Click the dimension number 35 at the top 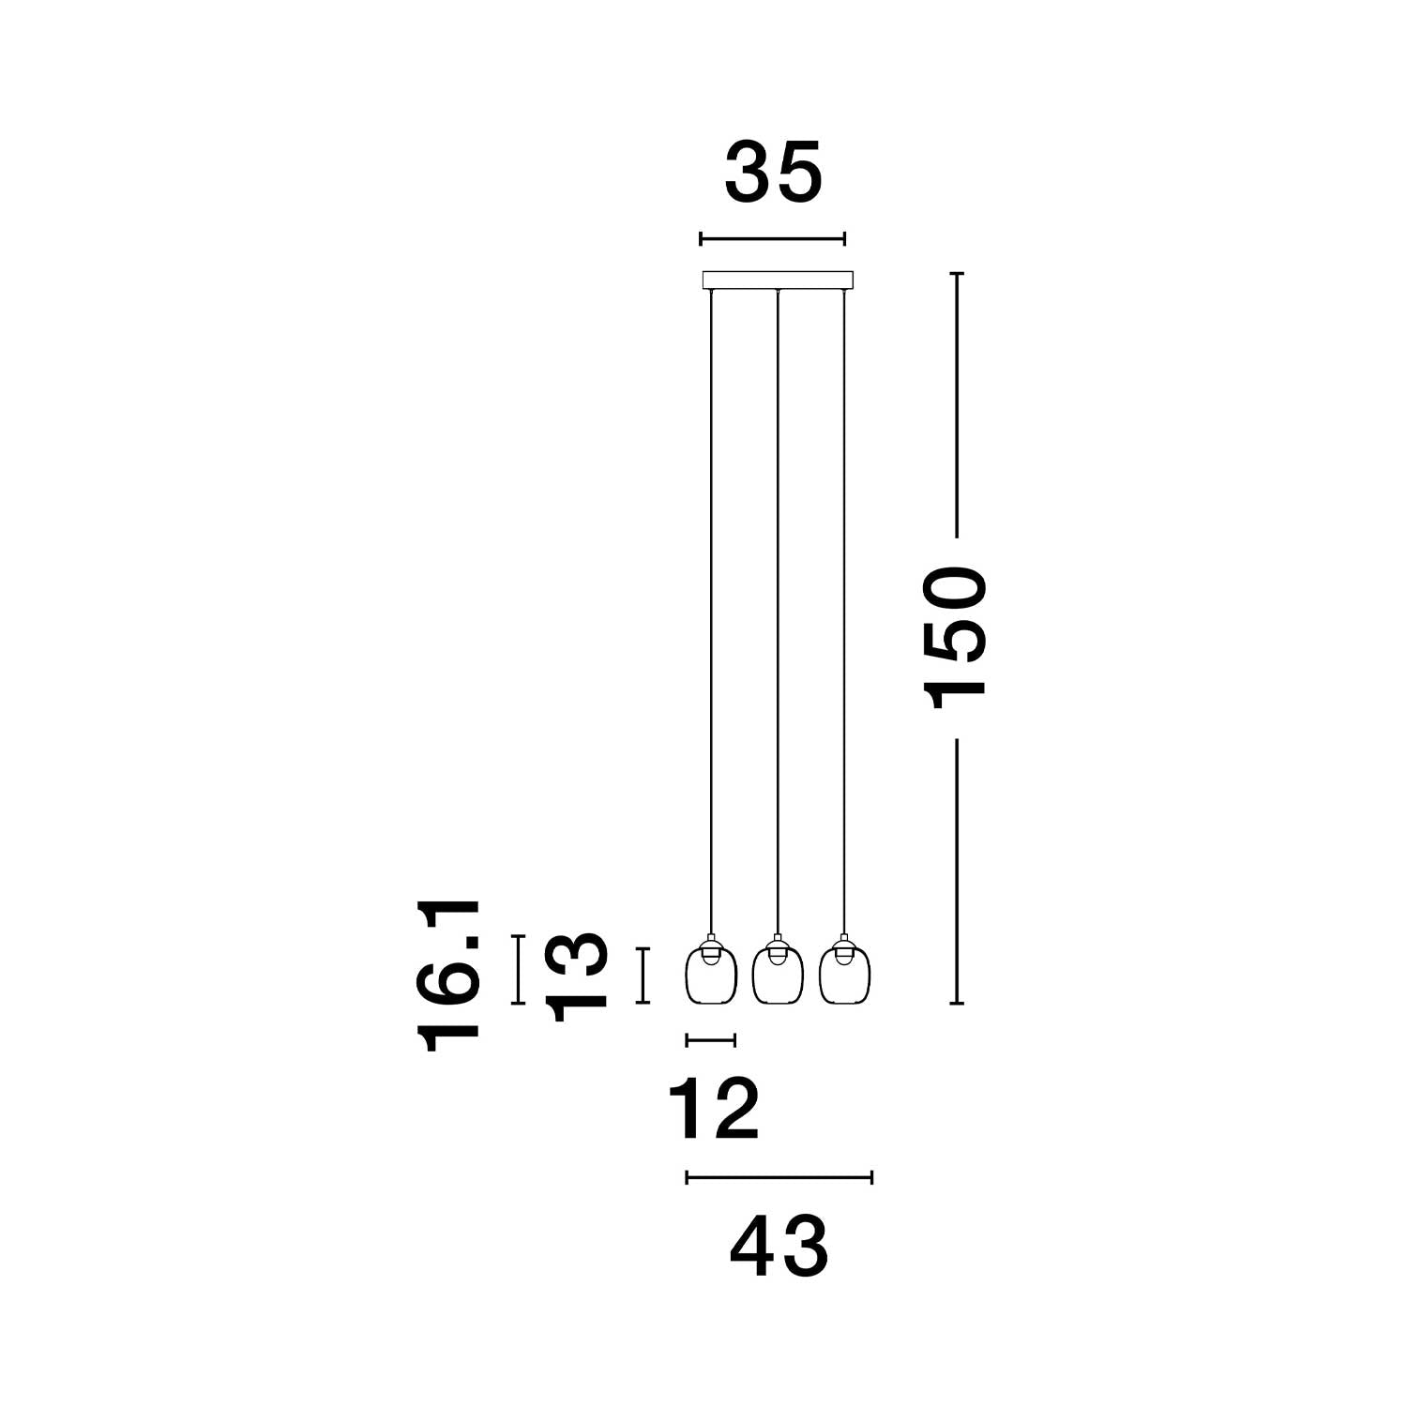pyautogui.click(x=774, y=173)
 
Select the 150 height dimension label pyautogui.click(x=956, y=637)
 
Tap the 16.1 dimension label pyautogui.click(x=449, y=976)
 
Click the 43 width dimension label pyautogui.click(x=779, y=1248)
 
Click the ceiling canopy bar pyautogui.click(x=778, y=280)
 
